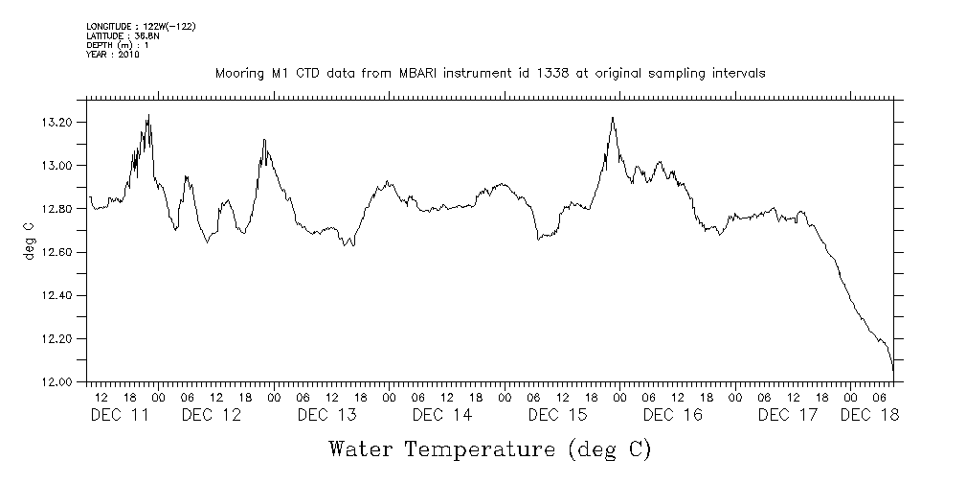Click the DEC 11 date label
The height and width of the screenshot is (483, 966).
[120, 415]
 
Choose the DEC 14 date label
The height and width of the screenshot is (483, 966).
[442, 415]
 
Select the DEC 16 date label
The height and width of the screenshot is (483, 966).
[673, 415]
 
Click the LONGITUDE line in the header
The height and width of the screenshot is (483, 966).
[141, 26]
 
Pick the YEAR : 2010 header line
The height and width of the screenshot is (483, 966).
[113, 55]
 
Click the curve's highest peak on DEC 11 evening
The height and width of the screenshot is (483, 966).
[148, 115]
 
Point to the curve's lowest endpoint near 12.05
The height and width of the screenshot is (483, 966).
[893, 371]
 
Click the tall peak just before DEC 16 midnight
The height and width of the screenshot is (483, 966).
[612, 118]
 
